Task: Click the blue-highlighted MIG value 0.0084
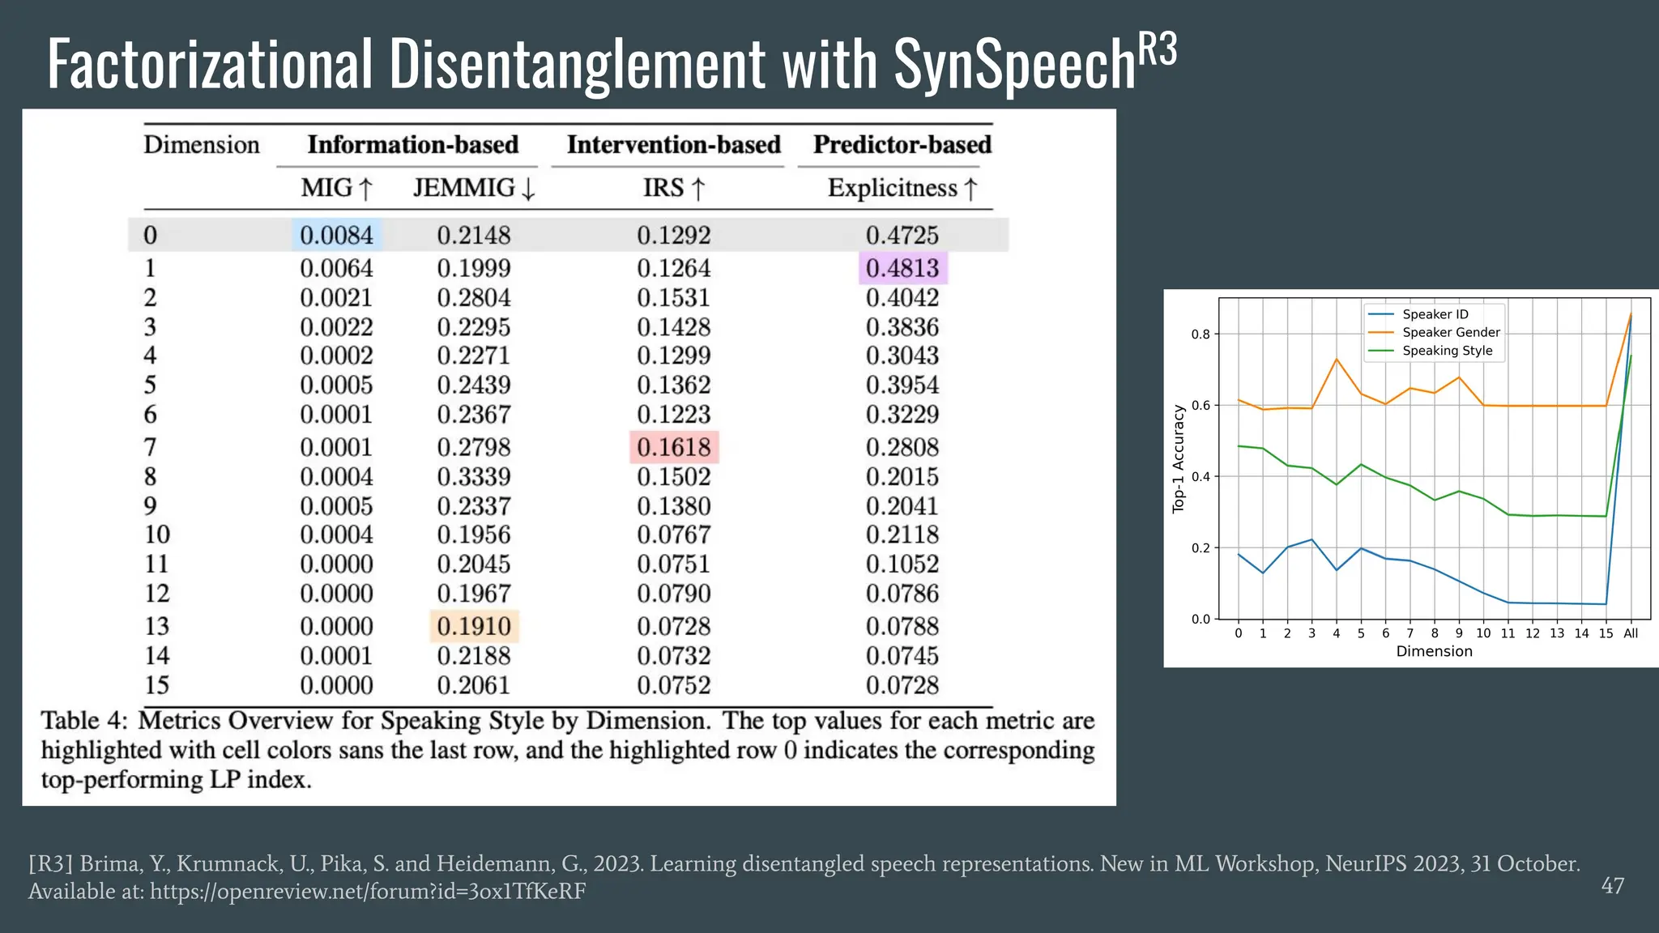pos(336,235)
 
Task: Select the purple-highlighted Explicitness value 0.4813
pos(902,268)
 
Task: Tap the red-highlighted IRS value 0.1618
pos(674,447)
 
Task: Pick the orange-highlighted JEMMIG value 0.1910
pos(474,626)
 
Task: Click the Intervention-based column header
pos(673,145)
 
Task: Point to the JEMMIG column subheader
pos(474,188)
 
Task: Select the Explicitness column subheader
pos(902,188)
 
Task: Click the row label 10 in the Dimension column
pos(157,535)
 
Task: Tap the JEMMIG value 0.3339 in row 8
pos(474,476)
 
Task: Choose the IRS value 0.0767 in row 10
pos(674,535)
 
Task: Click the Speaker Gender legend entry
pos(1451,332)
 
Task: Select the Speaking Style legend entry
pos(1447,351)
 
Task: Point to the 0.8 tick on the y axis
pos(1201,334)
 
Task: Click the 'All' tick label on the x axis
pos(1631,633)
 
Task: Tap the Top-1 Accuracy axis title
pos(1179,458)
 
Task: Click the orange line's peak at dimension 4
pos(1337,359)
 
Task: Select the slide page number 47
pos(1612,886)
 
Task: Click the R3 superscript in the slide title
pos(1158,50)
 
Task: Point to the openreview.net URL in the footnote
pos(368,892)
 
